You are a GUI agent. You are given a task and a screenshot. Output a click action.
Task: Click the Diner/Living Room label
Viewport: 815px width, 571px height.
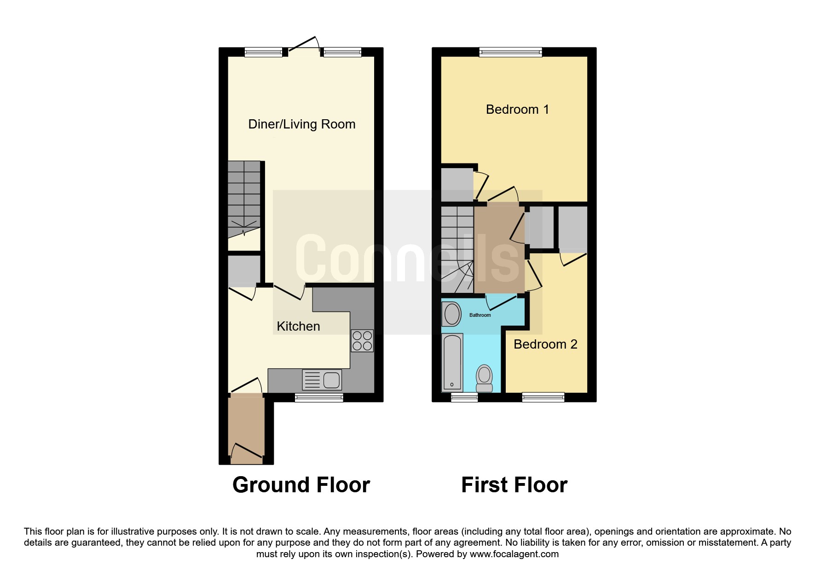(302, 124)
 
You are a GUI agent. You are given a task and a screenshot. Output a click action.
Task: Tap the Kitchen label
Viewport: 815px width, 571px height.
(298, 326)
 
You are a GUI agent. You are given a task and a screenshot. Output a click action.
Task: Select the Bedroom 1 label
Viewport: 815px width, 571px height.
(517, 110)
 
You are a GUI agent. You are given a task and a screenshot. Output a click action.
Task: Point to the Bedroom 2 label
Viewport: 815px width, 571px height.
(545, 344)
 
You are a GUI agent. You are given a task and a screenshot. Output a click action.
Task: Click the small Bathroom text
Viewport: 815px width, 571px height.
(480, 315)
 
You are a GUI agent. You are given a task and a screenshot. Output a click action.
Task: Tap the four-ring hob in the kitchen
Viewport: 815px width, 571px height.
(362, 341)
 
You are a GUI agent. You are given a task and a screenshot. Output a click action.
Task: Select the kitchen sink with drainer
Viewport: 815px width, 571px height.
(322, 380)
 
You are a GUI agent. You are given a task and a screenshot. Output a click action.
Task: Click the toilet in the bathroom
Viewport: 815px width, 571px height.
(484, 378)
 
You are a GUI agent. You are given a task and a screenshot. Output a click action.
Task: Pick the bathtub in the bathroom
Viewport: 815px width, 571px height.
(452, 362)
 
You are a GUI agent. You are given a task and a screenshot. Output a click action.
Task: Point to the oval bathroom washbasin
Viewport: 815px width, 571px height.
(452, 314)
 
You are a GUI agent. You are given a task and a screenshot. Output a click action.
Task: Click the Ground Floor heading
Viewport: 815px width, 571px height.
(301, 485)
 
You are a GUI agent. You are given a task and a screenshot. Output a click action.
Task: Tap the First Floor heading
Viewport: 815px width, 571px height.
(514, 485)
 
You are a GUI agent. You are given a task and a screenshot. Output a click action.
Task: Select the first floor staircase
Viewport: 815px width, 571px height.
(457, 250)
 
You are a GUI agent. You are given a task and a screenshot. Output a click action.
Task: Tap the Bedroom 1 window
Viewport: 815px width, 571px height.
(511, 52)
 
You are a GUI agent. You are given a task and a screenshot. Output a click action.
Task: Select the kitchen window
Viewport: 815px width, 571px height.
(319, 397)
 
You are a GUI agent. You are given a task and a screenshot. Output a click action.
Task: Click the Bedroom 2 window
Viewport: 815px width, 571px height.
(543, 397)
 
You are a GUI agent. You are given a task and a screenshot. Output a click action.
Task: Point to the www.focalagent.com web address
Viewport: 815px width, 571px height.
(514, 554)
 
